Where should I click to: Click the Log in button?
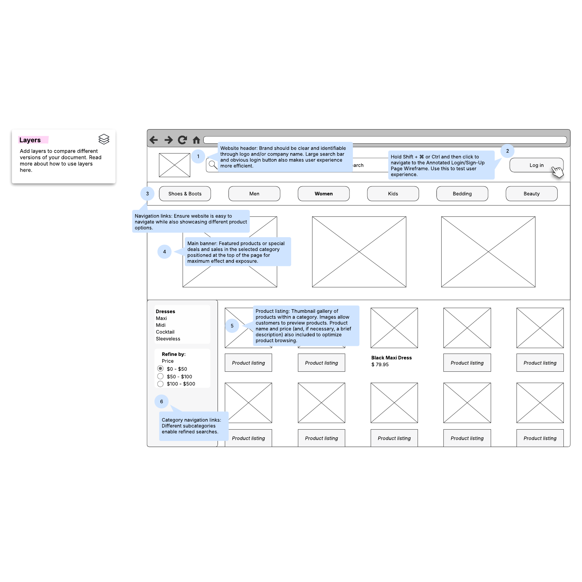(536, 165)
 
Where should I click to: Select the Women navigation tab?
(323, 194)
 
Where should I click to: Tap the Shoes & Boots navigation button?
(185, 194)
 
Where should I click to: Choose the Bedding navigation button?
(462, 194)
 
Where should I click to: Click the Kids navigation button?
(393, 194)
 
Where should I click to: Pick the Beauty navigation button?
(531, 194)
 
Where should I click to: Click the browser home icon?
(196, 140)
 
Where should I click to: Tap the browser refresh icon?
(182, 140)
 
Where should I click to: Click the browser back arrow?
(154, 140)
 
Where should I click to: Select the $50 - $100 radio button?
(160, 376)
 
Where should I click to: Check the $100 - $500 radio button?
(160, 384)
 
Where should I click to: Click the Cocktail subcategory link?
(165, 332)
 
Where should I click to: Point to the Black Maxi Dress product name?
(391, 358)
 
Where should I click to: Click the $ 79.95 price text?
(380, 364)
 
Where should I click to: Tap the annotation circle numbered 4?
(164, 252)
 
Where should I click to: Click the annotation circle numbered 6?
(162, 402)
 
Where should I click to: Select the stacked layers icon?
(104, 139)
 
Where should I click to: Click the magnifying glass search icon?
(213, 165)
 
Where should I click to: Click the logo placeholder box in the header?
(175, 165)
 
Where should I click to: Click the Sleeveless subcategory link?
(168, 339)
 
